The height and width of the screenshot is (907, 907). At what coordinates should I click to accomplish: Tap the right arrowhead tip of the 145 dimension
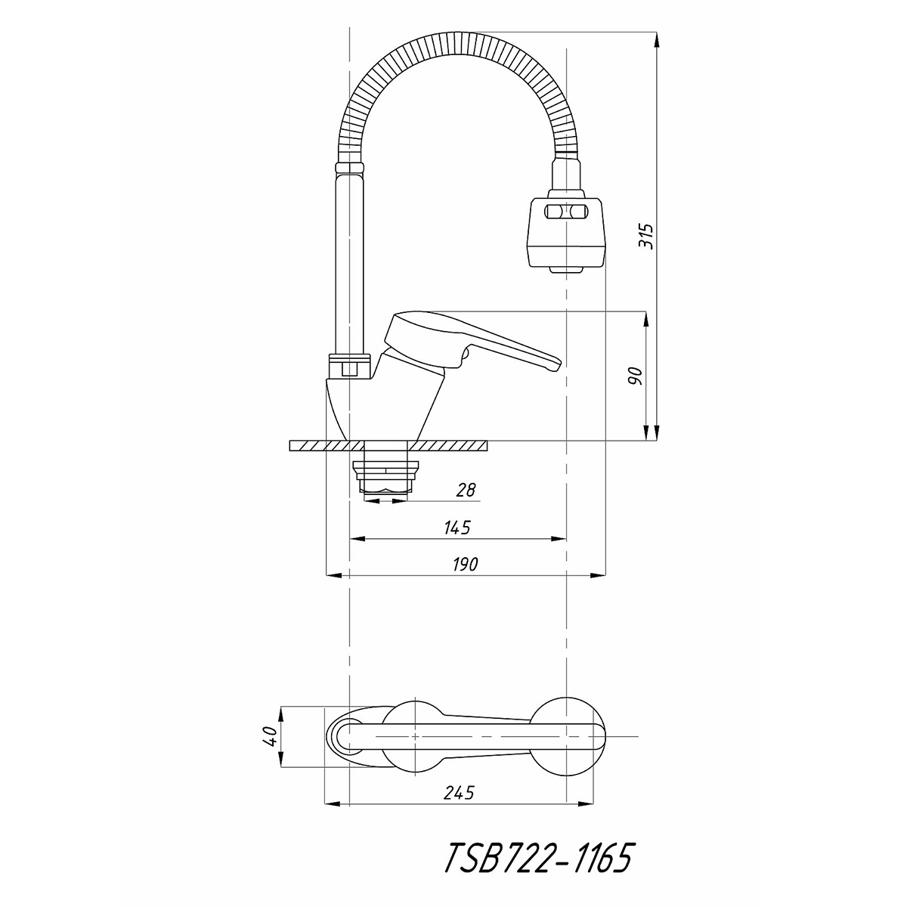[x=566, y=538]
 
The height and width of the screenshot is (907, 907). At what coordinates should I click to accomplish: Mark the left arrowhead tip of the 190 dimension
[x=327, y=575]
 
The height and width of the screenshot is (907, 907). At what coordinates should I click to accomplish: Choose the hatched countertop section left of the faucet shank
[x=327, y=445]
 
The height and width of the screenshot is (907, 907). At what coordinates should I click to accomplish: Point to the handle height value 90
[x=636, y=376]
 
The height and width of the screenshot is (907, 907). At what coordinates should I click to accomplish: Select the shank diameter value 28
[x=466, y=490]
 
